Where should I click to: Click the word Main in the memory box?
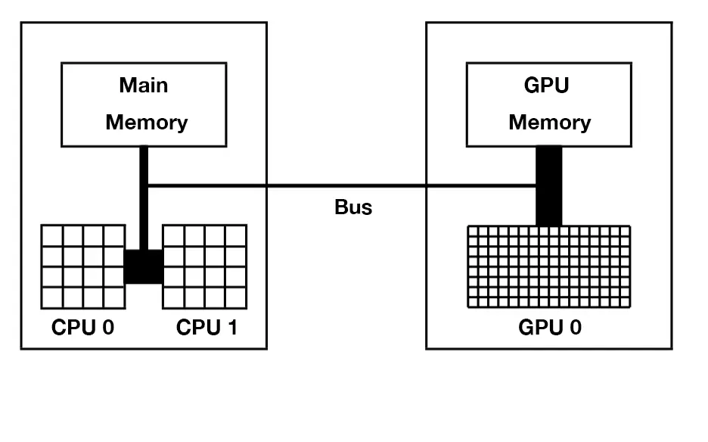144,85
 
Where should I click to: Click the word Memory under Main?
146,122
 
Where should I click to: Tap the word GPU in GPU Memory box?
546,85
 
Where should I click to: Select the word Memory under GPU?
549,122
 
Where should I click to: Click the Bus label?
353,207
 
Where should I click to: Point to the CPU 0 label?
82,328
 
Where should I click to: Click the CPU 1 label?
206,328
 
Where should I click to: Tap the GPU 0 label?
550,328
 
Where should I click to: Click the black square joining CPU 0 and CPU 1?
144,266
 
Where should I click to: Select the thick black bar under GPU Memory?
549,185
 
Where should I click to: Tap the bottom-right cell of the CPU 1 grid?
236,297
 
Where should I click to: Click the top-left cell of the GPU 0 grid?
474,231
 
